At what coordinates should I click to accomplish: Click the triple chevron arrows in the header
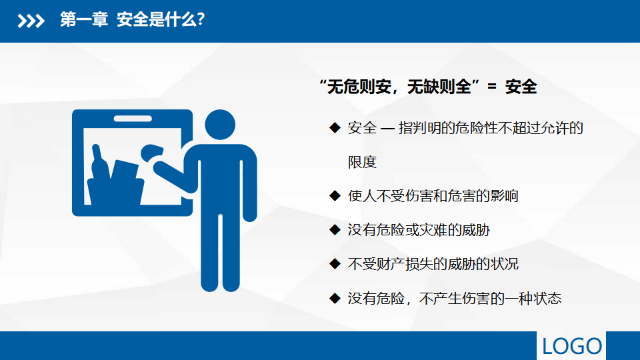(x=31, y=21)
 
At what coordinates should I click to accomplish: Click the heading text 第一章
(x=84, y=19)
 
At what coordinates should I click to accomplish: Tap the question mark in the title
(x=201, y=19)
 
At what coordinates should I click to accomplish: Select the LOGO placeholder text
(x=571, y=346)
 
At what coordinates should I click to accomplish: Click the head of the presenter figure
(x=220, y=125)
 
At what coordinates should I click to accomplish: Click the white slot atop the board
(x=133, y=119)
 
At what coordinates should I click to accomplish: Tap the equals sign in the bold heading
(x=492, y=87)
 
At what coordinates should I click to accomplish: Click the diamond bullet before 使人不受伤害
(x=335, y=196)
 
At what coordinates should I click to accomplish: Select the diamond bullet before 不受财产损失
(x=335, y=264)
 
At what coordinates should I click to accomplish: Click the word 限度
(x=362, y=162)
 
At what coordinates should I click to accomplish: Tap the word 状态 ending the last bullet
(x=547, y=299)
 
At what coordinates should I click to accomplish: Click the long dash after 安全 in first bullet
(x=387, y=129)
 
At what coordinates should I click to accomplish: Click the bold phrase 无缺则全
(x=439, y=87)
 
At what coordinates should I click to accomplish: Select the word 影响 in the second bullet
(x=504, y=196)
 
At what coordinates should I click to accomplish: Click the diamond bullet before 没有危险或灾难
(x=335, y=230)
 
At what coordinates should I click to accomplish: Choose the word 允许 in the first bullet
(x=555, y=128)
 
